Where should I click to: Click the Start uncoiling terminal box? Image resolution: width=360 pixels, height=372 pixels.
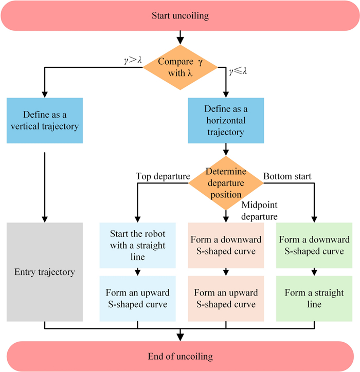[x=179, y=15]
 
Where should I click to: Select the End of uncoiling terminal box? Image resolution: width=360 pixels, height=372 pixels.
[x=179, y=356]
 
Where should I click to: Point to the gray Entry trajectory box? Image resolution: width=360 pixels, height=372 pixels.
[x=45, y=272]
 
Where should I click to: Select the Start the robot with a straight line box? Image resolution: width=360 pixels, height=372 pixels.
[x=137, y=245]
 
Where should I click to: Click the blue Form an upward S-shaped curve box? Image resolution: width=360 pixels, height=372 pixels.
[x=137, y=299]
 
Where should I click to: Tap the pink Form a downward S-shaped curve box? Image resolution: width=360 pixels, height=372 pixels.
[x=226, y=245]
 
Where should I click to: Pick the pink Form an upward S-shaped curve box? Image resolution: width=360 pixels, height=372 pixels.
[x=226, y=299]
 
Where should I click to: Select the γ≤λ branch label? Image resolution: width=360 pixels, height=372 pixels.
[x=237, y=70]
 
